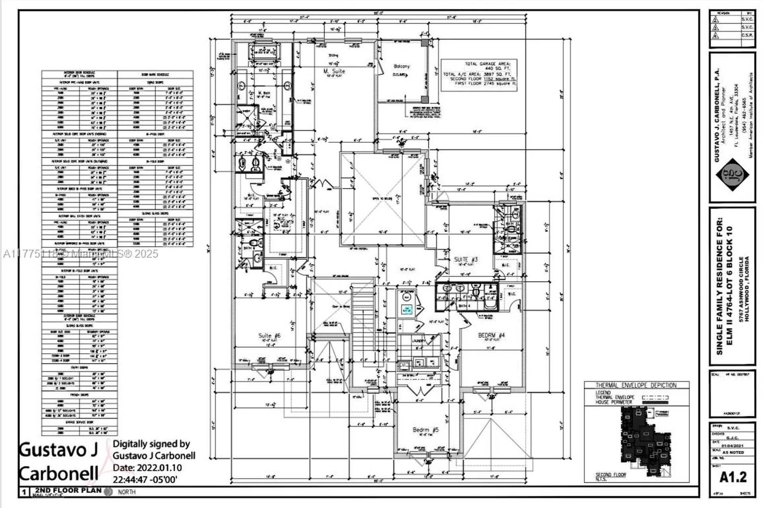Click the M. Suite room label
point(334,71)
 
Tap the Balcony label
point(401,66)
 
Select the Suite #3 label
point(466,259)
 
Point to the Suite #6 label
point(269,336)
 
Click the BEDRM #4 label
point(491,336)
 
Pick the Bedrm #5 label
point(425,430)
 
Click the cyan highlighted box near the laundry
point(407,309)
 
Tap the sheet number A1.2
point(733,477)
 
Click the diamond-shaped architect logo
point(732,175)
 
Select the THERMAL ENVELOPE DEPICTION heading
point(636,385)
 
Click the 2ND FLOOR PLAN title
point(68,490)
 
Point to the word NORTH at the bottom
point(126,492)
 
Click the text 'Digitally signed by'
point(151,444)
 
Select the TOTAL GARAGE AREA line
point(488,64)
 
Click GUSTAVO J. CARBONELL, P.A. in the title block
point(717,115)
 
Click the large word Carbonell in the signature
point(58,474)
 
